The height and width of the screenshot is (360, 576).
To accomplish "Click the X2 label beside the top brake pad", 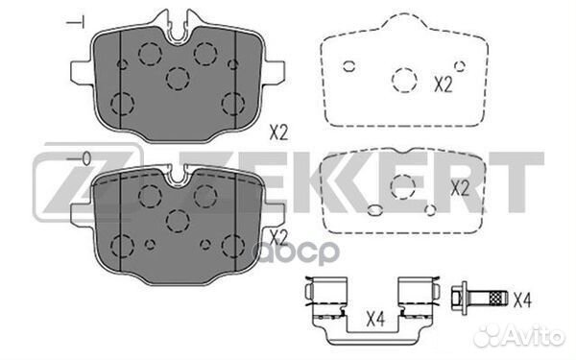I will tap(278, 133).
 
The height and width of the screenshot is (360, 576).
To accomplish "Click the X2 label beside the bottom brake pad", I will tap(278, 235).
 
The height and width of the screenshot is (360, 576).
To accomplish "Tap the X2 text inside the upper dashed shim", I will tap(443, 84).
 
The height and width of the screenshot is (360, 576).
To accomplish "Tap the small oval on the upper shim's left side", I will tap(348, 66).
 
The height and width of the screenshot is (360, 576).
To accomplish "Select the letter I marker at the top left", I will tap(81, 20).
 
